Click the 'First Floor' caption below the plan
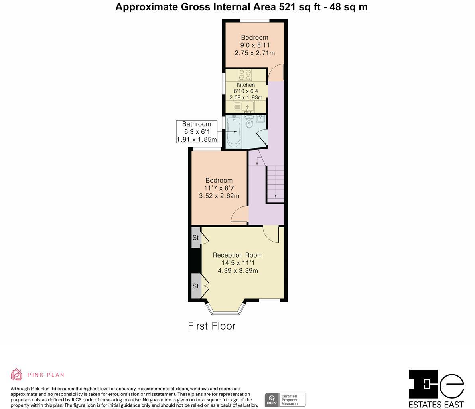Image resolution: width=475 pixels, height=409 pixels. point(211,326)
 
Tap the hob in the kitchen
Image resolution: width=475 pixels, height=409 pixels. point(245,75)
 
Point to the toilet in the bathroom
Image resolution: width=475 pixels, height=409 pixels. point(250,121)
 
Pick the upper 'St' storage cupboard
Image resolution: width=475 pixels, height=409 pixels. point(196,237)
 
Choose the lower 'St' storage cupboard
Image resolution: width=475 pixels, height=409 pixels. point(196,286)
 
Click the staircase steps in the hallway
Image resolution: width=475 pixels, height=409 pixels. point(275,184)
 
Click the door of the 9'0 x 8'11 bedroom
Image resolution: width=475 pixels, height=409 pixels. point(276,73)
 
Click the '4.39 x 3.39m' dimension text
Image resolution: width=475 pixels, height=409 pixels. point(238,270)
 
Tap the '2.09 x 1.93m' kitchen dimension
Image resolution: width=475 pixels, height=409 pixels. point(246,97)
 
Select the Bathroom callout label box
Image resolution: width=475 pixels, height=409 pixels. point(197,132)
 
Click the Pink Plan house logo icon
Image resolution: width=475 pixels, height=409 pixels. point(16,375)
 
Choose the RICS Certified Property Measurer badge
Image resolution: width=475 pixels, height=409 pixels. point(286,399)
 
